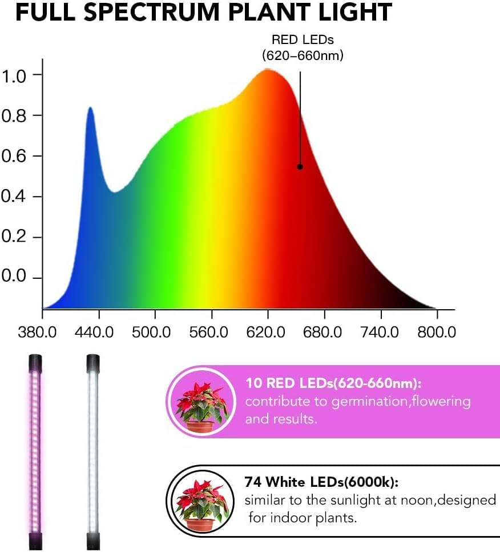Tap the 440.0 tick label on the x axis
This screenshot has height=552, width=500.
click(x=99, y=331)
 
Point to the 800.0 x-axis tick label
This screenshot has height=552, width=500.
click(x=437, y=331)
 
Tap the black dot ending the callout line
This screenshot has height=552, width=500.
click(x=300, y=167)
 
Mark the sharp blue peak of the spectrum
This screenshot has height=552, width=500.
click(x=90, y=109)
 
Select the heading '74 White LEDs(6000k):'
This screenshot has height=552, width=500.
click(x=321, y=482)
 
